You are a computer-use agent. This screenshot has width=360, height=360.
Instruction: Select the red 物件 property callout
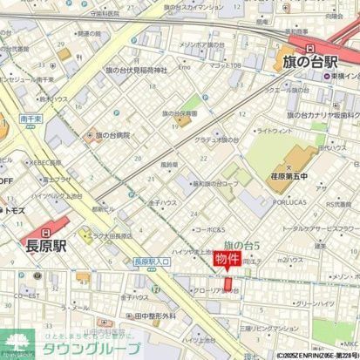[x=225, y=261]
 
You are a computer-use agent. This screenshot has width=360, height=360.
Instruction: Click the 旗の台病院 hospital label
[x=112, y=136]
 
